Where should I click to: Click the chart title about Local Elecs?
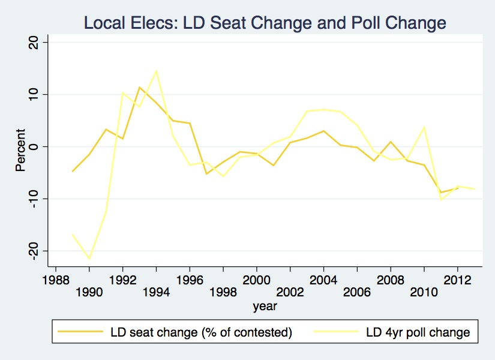click(265, 23)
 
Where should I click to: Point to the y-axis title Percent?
click(20, 150)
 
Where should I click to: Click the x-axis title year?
click(265, 306)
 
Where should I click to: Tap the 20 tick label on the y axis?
click(34, 43)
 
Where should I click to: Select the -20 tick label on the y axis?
click(34, 250)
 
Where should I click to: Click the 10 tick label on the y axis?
click(34, 95)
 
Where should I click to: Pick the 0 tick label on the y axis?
click(34, 146)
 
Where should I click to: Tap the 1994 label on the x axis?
click(156, 293)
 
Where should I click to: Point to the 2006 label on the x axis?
click(357, 293)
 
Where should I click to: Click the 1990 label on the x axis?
click(89, 293)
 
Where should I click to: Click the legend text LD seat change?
click(201, 332)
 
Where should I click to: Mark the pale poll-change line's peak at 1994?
click(156, 71)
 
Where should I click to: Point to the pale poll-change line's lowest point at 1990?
click(89, 259)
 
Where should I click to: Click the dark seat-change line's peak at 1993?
click(139, 88)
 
